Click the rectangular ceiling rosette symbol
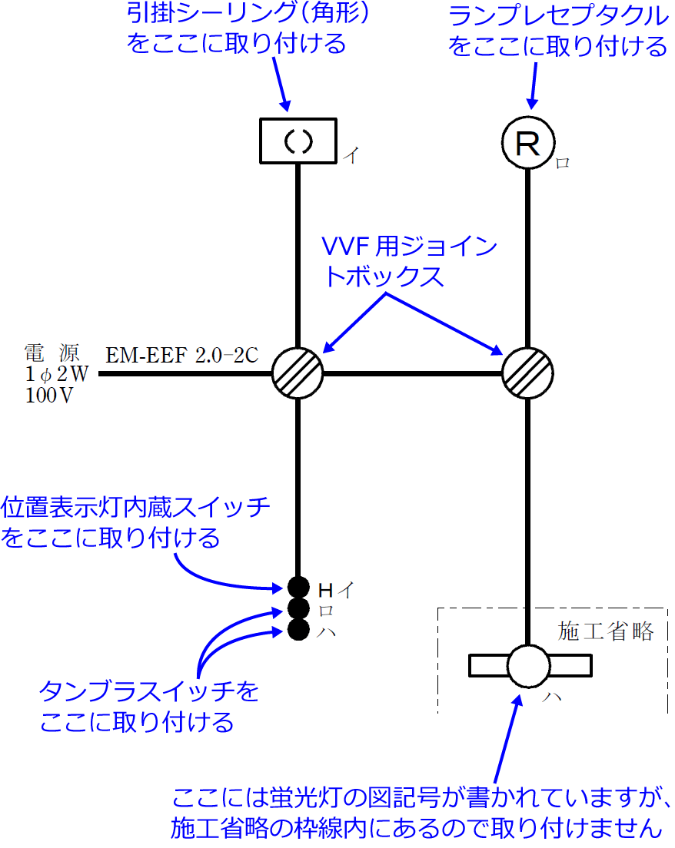click(298, 141)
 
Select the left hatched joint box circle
click(298, 374)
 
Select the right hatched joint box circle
click(527, 374)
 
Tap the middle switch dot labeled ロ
click(298, 609)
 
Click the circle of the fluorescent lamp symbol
click(528, 665)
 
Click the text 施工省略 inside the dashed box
click(606, 631)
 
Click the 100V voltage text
click(48, 396)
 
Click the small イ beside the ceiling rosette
click(351, 156)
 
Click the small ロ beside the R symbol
click(562, 164)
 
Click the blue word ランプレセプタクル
click(558, 15)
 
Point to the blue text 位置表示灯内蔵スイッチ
click(136, 507)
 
